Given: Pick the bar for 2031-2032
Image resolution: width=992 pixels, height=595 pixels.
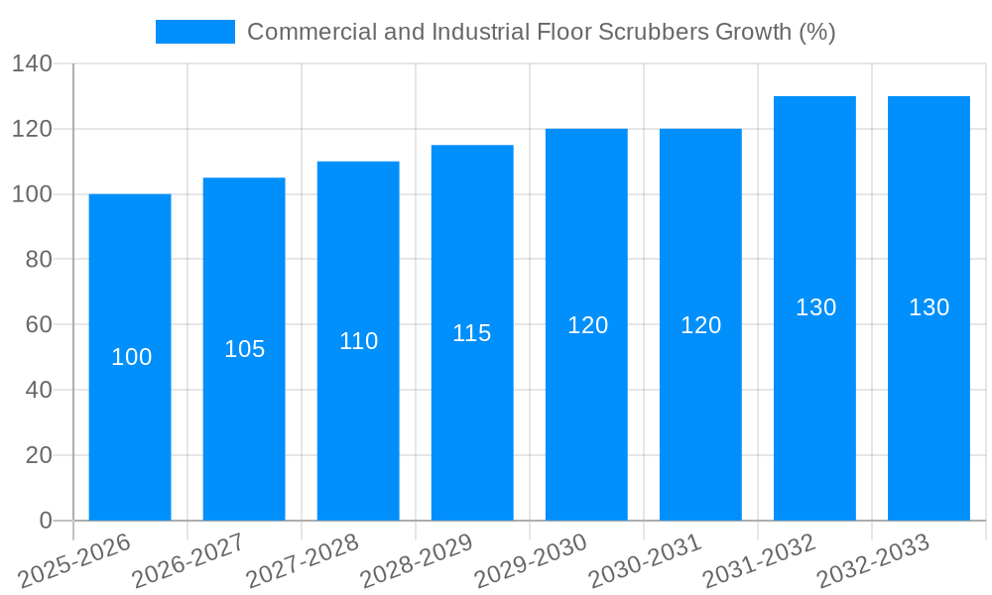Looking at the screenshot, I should point(814,397).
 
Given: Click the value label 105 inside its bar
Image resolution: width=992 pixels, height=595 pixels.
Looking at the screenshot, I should point(244,349).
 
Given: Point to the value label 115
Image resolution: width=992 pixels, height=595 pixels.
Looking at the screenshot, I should point(472,333).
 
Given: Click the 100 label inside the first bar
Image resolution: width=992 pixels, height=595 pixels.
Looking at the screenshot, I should point(131,357).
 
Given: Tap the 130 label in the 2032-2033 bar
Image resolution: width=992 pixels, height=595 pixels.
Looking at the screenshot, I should point(930,307).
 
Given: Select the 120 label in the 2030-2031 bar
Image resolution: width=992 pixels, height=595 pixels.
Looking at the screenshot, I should point(701,325).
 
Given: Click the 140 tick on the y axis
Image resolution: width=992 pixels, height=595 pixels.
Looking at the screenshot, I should point(32,64).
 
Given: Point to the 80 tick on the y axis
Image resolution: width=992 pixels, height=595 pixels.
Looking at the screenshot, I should point(39,260).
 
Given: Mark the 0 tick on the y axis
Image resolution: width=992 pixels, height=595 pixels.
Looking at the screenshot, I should point(46,521).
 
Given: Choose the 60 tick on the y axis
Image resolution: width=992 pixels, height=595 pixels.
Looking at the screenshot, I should point(39,325).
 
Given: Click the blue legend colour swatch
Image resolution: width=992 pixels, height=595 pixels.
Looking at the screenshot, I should point(195,32).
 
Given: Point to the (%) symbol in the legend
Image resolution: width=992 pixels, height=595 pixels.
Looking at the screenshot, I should point(816,32).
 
